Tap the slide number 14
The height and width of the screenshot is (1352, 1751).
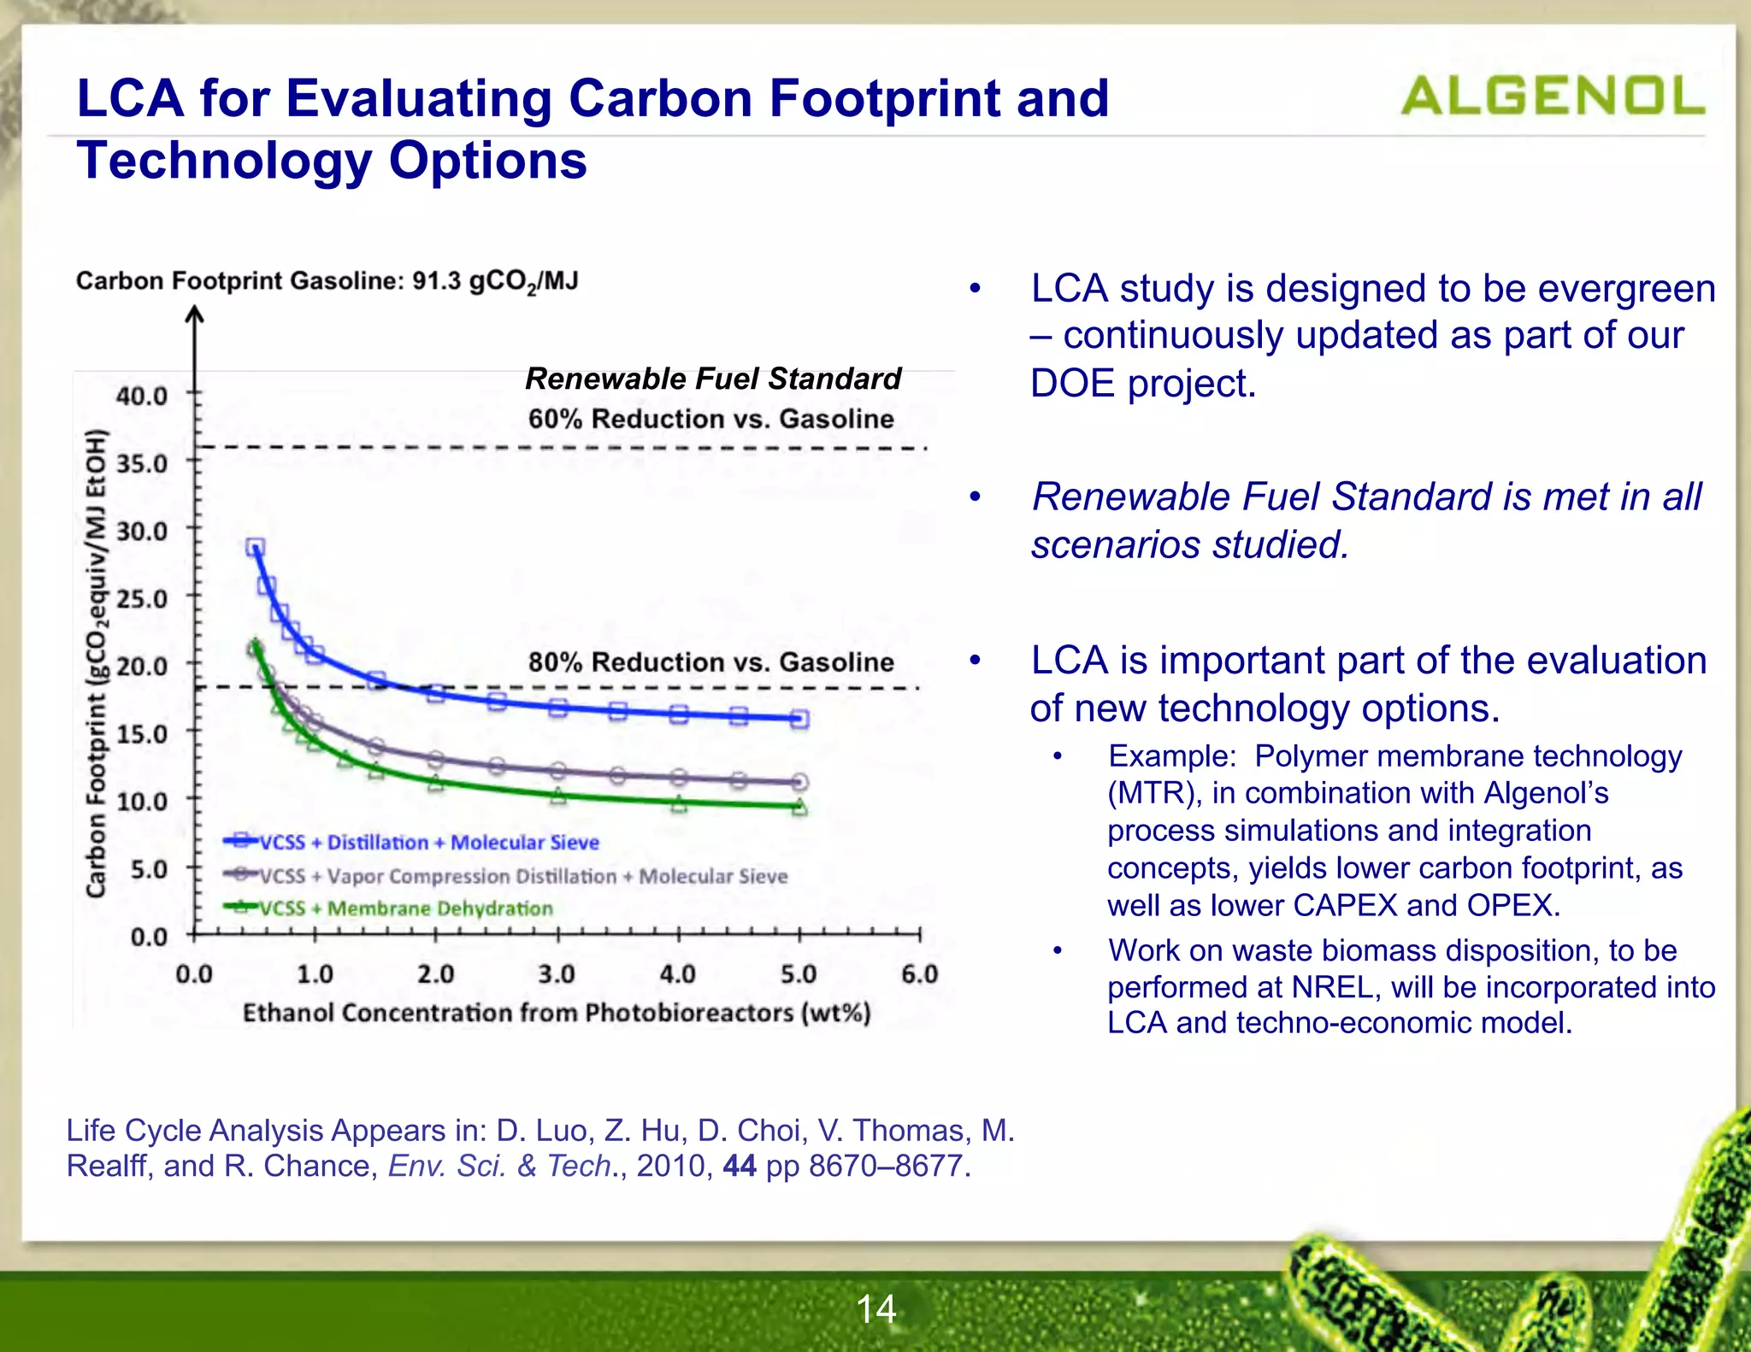(x=875, y=1308)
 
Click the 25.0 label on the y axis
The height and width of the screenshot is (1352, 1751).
(x=142, y=598)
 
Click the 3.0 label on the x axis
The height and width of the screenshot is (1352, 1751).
(x=557, y=973)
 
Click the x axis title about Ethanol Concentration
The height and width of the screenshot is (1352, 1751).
(x=557, y=1013)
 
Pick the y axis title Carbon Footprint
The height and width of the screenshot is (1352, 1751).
(x=97, y=663)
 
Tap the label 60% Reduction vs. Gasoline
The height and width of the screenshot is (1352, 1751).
(x=710, y=419)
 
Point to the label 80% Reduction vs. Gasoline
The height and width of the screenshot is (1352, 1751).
(x=710, y=661)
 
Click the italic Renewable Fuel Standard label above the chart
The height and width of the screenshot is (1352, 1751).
(x=712, y=378)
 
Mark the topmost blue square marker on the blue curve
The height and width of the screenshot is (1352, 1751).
(x=255, y=547)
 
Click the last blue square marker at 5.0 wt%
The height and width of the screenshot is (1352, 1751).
(x=799, y=719)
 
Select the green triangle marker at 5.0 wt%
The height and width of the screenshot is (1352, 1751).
(x=799, y=807)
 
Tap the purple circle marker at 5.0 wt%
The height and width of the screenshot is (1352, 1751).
(x=799, y=781)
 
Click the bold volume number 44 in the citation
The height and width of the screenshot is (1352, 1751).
(x=739, y=1165)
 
